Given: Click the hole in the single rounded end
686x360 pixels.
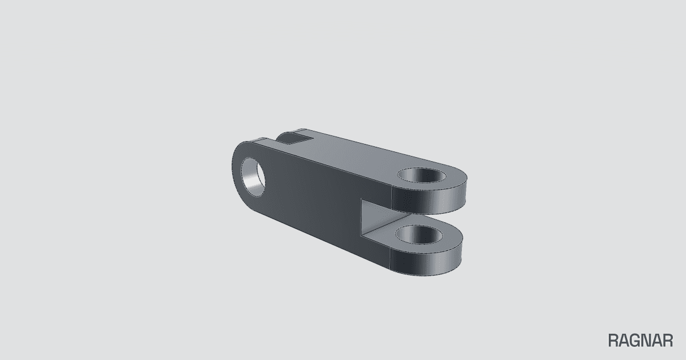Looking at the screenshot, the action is [253, 177].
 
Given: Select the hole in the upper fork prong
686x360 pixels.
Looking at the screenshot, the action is [422, 175].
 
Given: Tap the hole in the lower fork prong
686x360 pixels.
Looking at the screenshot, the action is [419, 234].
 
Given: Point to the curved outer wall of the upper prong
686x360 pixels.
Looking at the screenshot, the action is [429, 199].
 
